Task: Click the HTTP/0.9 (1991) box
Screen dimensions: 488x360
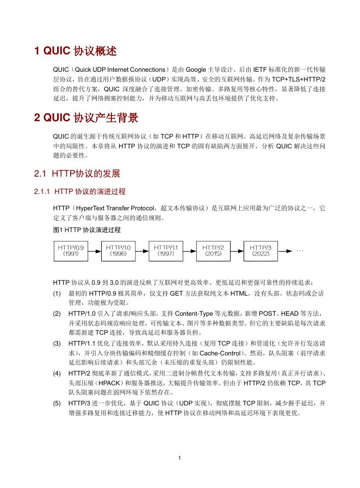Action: tap(71, 250)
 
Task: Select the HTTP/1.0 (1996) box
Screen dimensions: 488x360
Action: tap(119, 250)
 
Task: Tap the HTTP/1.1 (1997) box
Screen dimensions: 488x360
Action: tap(166, 250)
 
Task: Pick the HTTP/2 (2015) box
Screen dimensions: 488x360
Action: tap(214, 250)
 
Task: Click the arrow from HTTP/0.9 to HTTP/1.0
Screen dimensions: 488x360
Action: tap(95, 250)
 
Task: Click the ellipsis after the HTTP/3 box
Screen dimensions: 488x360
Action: tap(300, 251)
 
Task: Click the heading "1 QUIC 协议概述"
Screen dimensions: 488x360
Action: tap(76, 52)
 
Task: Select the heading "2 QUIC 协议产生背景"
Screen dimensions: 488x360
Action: tap(86, 118)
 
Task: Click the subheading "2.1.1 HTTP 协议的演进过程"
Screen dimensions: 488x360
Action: tap(79, 192)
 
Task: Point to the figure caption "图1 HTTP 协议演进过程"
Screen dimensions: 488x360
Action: tap(87, 230)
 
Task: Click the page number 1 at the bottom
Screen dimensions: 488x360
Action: tap(179, 458)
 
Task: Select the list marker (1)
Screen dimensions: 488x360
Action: tap(57, 293)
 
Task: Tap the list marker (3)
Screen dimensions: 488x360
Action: tap(57, 344)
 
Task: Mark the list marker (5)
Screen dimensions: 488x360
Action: tap(57, 403)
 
